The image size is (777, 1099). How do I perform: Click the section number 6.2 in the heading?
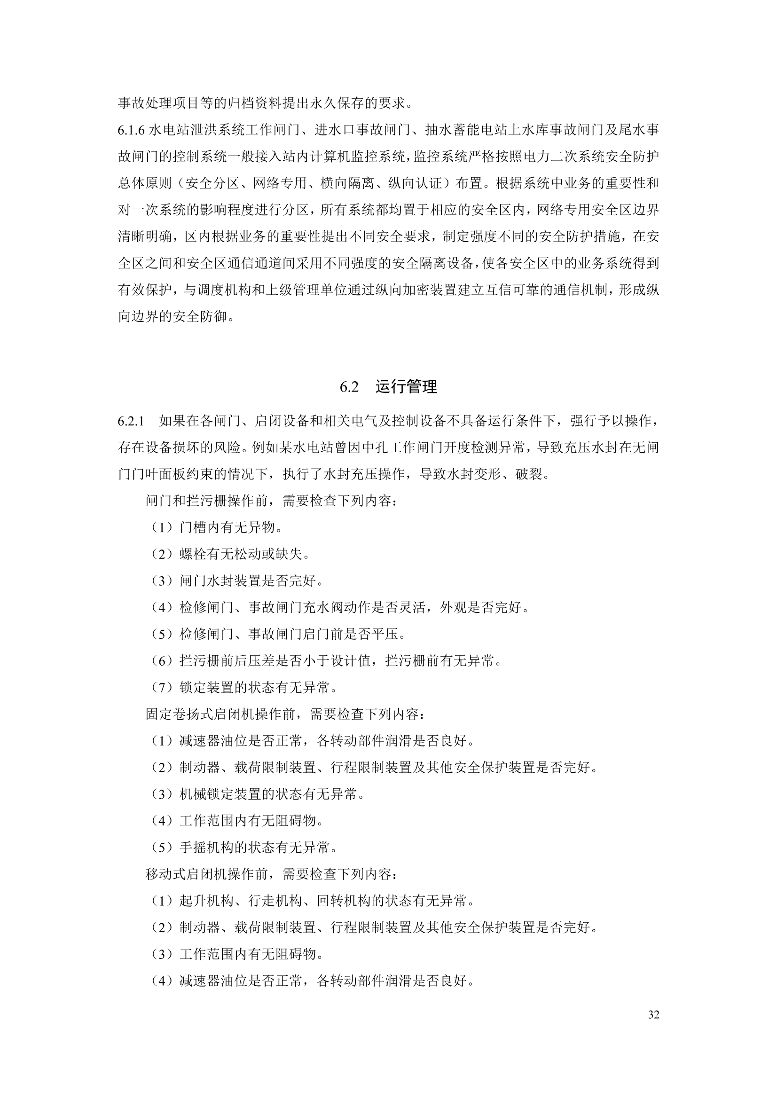[349, 387]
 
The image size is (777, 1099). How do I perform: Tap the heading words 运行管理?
[407, 387]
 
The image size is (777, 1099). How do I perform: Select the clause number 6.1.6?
[131, 130]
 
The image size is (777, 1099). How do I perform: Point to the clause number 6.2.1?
[131, 421]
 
